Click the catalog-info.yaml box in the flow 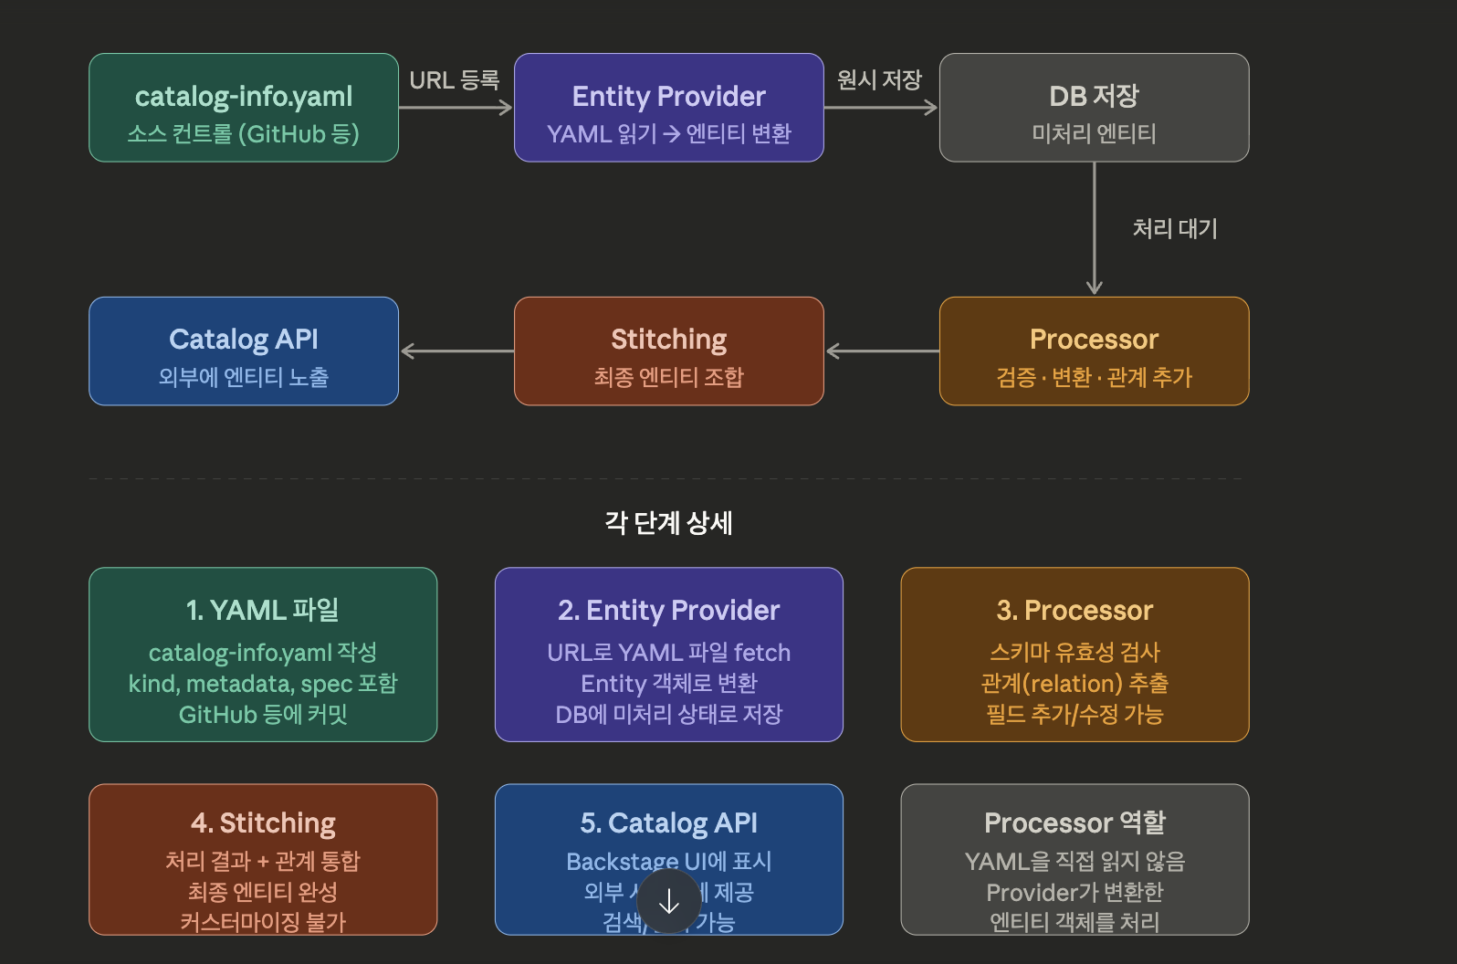244,108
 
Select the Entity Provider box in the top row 669,108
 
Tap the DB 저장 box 1094,108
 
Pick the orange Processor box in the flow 1094,351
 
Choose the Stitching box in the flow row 669,351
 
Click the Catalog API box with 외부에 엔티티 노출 244,351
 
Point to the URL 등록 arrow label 455,80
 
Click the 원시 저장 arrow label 880,80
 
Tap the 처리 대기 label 1175,228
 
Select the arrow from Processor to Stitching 882,351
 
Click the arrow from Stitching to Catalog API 456,351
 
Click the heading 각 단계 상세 668,523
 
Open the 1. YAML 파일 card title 263,610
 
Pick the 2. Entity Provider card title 669,610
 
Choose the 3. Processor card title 1074,610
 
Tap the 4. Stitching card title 263,823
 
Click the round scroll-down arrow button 669,902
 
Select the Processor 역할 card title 1074,823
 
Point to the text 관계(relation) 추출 1074,684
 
